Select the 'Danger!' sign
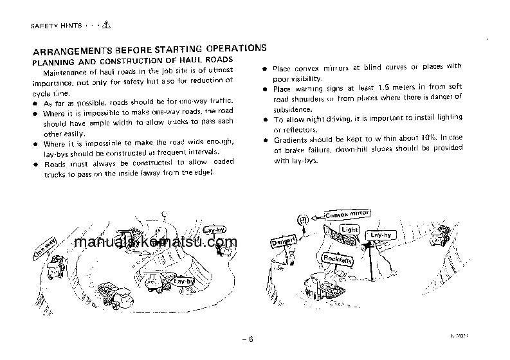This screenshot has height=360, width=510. pyautogui.click(x=284, y=243)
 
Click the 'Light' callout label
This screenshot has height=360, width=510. pyautogui.click(x=350, y=230)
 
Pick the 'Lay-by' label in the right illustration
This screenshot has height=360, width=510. pyautogui.click(x=381, y=236)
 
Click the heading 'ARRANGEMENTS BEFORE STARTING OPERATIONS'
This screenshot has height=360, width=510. pyautogui.click(x=149, y=48)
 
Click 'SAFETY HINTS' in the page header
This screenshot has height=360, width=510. pyautogui.click(x=57, y=26)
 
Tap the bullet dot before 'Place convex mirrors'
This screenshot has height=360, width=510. pyautogui.click(x=266, y=67)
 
